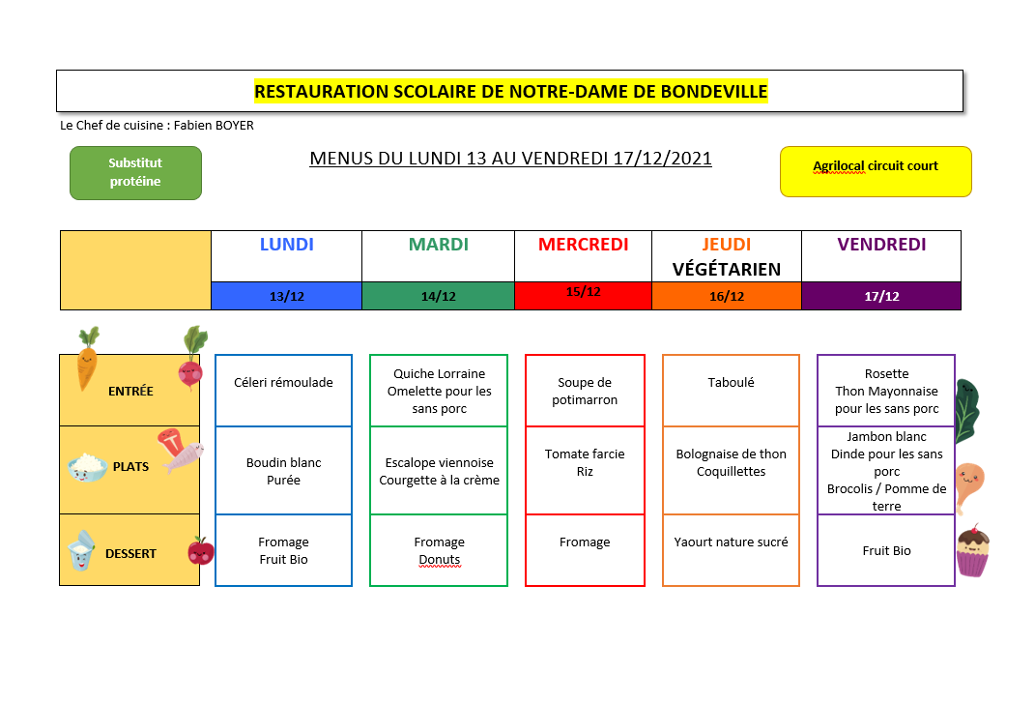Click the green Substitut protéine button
(x=135, y=172)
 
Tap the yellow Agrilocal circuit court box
(x=876, y=172)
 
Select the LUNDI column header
(x=286, y=245)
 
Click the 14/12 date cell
(x=439, y=296)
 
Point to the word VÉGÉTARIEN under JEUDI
(x=726, y=270)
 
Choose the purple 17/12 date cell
(x=881, y=296)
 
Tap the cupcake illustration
(x=973, y=551)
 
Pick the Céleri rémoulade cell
(x=283, y=391)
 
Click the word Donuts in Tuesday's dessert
(x=439, y=560)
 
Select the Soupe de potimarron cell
(x=585, y=391)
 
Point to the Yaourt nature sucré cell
(x=731, y=549)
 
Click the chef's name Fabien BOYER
(x=214, y=126)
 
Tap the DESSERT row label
(x=130, y=554)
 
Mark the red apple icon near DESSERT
(x=201, y=550)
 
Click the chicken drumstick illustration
(x=968, y=486)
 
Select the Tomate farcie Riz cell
(x=585, y=470)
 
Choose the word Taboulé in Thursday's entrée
(x=731, y=383)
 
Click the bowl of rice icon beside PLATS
(x=87, y=467)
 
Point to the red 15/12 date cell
(x=583, y=296)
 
